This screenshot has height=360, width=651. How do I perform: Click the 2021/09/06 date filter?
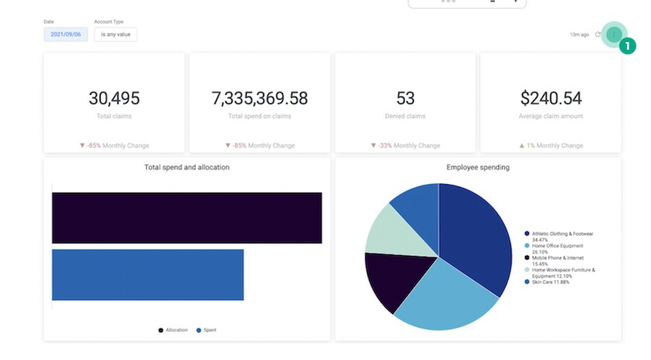pos(65,34)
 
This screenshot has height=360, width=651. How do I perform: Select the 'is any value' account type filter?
pos(116,34)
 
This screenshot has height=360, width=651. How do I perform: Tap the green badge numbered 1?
pos(627,46)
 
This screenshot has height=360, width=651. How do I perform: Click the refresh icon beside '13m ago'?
pos(598,34)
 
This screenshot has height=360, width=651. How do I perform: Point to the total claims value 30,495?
pos(114,98)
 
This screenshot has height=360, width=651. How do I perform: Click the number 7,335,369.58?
pos(260,98)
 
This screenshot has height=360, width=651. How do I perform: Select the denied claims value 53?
pos(405,98)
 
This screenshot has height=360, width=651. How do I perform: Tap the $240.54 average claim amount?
pos(550,98)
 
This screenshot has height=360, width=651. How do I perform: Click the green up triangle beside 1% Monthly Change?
pos(522,145)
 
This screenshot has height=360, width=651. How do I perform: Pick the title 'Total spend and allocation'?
pos(187,168)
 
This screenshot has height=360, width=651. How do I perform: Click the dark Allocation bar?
pos(187,218)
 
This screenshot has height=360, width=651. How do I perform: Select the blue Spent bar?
pos(148,275)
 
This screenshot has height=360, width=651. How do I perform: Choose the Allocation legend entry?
pos(173,330)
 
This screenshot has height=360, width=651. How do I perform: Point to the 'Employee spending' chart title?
pos(477,168)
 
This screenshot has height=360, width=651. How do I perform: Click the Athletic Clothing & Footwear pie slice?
pos(474,231)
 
